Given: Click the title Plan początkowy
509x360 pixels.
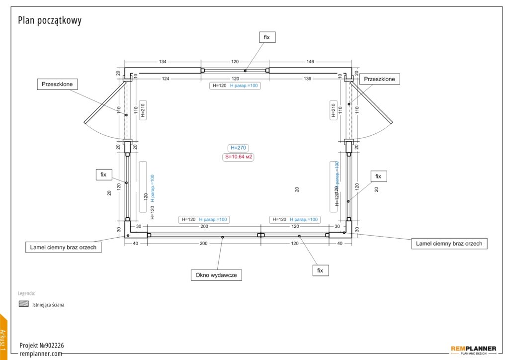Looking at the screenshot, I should (x=50, y=20).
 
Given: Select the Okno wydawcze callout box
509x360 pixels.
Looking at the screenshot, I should (x=216, y=275).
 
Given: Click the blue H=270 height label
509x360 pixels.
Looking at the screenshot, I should (x=238, y=148).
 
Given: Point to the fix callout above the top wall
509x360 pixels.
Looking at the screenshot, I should (x=267, y=37).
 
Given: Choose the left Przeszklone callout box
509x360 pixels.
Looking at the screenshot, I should (x=58, y=84).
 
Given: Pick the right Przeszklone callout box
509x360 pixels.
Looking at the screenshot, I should (x=379, y=79).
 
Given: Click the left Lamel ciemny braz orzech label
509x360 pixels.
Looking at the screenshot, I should (x=63, y=247).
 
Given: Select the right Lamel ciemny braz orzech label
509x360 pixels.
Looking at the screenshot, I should (x=449, y=244).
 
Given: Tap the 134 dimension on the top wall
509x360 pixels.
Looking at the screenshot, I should (x=163, y=62).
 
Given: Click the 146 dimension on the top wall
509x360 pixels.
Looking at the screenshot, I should (x=310, y=62).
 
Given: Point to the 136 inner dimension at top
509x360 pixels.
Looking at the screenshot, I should (x=308, y=79).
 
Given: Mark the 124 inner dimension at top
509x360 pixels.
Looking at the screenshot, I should (x=165, y=79).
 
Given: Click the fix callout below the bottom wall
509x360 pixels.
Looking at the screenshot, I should (x=320, y=270).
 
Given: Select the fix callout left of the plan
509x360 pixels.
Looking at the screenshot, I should (x=104, y=175).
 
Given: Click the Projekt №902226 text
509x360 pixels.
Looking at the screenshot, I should (x=42, y=345).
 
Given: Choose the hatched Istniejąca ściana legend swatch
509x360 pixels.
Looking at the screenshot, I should (x=23, y=304).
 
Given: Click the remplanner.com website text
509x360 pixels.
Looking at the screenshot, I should (x=41, y=354).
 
